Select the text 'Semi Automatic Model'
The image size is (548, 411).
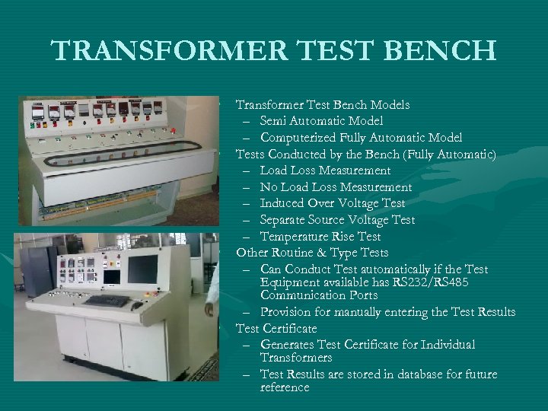(321, 121)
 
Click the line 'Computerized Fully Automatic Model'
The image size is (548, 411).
(361, 138)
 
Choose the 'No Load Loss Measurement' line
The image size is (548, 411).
(336, 187)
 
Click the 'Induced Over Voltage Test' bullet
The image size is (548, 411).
(332, 203)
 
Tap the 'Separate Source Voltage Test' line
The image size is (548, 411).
(337, 220)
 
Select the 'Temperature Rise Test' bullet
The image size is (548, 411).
(320, 237)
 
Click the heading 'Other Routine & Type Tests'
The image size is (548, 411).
(312, 253)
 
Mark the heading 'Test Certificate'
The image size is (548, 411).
(276, 329)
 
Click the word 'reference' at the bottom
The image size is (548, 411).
(285, 387)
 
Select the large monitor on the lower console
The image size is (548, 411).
(142, 269)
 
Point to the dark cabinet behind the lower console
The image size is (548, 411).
(37, 270)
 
